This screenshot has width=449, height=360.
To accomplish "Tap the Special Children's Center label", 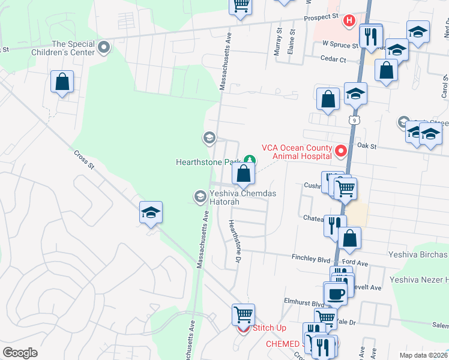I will click(74, 48).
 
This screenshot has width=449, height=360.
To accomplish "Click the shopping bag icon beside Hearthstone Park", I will click(244, 174).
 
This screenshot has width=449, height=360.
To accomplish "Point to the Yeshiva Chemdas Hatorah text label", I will click(224, 198).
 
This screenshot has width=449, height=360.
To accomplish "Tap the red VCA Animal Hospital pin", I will click(342, 151).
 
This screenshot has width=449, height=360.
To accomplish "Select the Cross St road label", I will click(85, 161).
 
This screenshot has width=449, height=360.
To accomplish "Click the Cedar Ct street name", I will click(334, 60).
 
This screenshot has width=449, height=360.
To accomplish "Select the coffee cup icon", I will click(335, 294).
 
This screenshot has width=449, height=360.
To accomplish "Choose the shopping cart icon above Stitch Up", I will click(243, 314).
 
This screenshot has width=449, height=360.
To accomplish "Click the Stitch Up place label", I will click(268, 328).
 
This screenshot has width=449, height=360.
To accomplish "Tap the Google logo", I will click(20, 353).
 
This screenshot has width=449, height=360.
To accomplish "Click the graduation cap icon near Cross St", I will click(151, 212).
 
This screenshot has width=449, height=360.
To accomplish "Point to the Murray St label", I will click(278, 42).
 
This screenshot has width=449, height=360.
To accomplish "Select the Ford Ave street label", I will click(355, 263).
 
